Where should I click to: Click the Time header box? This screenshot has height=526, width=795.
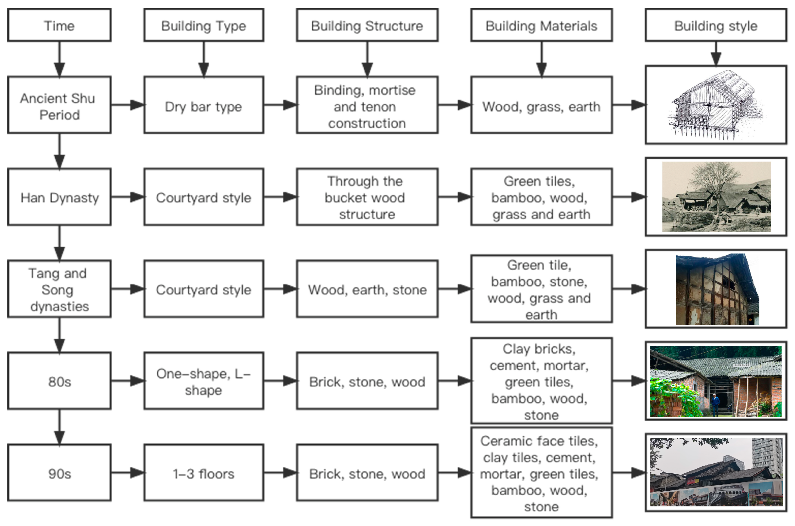tap(59, 25)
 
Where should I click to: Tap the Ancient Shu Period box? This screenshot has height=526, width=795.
tap(59, 105)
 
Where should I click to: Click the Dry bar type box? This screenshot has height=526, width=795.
tap(203, 105)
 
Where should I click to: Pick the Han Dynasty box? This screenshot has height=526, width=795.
tap(59, 197)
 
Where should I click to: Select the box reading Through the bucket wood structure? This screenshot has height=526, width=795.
tap(367, 197)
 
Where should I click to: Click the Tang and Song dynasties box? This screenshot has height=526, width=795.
tap(59, 289)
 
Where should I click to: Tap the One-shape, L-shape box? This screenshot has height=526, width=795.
tap(203, 381)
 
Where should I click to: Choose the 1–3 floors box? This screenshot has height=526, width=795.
tap(203, 473)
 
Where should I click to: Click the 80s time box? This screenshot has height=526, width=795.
tap(59, 381)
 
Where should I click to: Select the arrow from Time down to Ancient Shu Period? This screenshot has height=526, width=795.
tap(59, 59)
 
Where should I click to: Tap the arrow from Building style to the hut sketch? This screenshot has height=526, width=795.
tap(716, 54)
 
